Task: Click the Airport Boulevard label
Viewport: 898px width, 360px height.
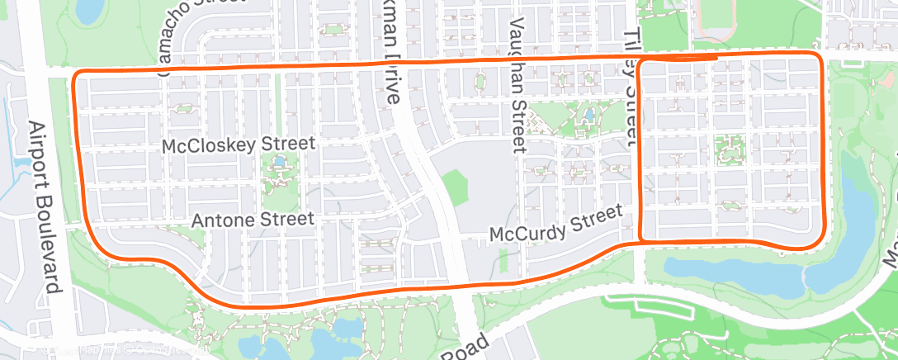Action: (45, 206)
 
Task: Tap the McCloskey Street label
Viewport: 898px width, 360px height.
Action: (239, 144)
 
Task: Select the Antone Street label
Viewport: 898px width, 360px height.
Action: (253, 220)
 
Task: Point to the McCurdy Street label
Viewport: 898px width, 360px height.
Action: (555, 224)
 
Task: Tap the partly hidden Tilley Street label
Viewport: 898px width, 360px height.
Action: (633, 83)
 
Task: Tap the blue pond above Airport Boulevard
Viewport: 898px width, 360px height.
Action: (87, 10)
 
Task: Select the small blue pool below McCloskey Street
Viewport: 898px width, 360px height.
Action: (281, 161)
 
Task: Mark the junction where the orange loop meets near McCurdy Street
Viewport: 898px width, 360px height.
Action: (643, 240)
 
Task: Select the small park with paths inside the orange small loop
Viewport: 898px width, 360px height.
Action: (730, 148)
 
